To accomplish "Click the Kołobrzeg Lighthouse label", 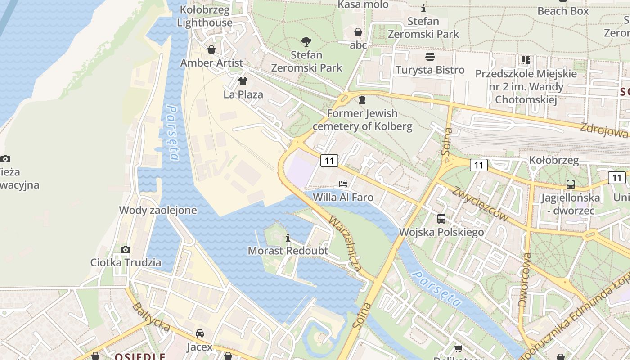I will coord(204,16).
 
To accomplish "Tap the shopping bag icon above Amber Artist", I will coord(211,49).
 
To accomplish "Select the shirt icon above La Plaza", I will coord(243,81).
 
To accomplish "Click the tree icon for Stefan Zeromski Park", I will coord(306,42).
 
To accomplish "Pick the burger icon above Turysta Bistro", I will coord(430,57).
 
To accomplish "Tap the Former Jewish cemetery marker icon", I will coord(362,100).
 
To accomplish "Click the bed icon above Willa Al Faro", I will coord(343,184).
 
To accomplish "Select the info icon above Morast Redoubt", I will coord(288,238).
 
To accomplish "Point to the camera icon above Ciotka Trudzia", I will coord(126,249).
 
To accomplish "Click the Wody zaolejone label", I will coord(157,210).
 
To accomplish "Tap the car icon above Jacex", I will coord(199,333).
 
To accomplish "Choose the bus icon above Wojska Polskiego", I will coord(441,219).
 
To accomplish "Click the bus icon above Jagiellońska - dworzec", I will coord(571,184).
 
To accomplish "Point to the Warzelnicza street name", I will coord(345,243).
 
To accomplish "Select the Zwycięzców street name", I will coord(481,204).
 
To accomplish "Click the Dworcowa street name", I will coord(525,279).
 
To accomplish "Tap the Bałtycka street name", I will coord(151,317).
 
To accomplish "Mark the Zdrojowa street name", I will coord(603,130).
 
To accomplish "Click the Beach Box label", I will coord(563,11).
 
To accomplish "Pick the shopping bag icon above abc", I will coord(358,32).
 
